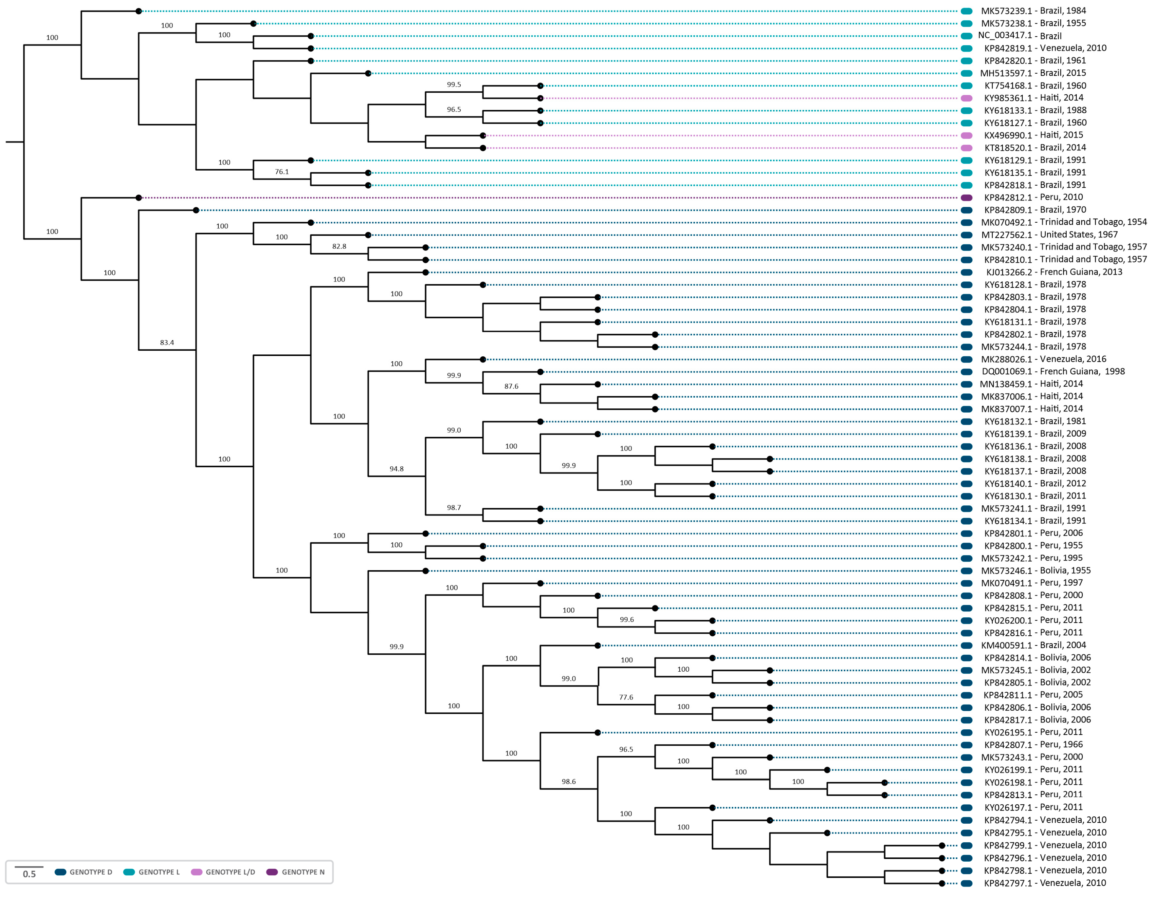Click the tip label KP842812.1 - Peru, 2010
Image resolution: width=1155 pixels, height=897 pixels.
(1033, 197)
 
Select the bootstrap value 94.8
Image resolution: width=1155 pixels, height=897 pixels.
(397, 469)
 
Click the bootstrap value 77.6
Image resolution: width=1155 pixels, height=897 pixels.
(626, 698)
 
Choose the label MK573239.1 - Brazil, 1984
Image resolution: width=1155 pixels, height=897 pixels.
(1033, 10)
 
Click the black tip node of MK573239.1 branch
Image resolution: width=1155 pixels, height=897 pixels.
(138, 11)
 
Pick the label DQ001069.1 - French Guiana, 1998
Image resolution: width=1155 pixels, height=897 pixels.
(1053, 371)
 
